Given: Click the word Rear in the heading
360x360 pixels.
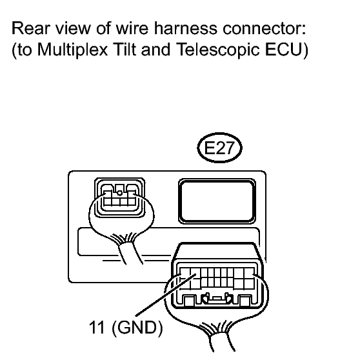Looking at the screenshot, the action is pos(30,28).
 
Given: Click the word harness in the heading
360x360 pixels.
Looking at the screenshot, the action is pos(185,28).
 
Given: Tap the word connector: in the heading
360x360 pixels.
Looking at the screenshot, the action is pos(265,29).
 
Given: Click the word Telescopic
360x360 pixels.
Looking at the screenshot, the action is pos(218,50).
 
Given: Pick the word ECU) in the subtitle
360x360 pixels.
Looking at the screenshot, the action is pos(286,50).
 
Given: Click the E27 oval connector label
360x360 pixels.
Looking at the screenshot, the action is pos(219,148).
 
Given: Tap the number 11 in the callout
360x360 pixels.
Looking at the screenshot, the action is pos(97,327).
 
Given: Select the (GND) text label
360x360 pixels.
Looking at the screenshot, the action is pos(137,328).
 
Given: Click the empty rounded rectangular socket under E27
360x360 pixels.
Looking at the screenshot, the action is pos(217,201).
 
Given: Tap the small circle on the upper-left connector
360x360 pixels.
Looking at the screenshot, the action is pos(119,193).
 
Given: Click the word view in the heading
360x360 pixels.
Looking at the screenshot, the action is pos(73,28).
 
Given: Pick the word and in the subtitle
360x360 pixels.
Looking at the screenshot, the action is pos(155,50).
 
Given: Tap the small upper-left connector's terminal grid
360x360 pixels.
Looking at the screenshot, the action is pos(119,199).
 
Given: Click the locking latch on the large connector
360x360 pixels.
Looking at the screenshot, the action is pos(217,299).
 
